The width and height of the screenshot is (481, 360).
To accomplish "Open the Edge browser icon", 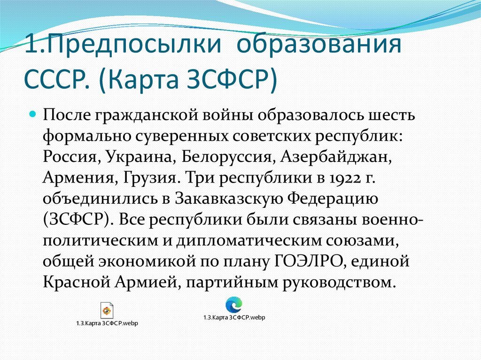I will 233,305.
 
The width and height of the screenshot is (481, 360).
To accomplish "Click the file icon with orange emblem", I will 107,310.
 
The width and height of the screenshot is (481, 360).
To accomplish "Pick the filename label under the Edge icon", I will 234,318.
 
